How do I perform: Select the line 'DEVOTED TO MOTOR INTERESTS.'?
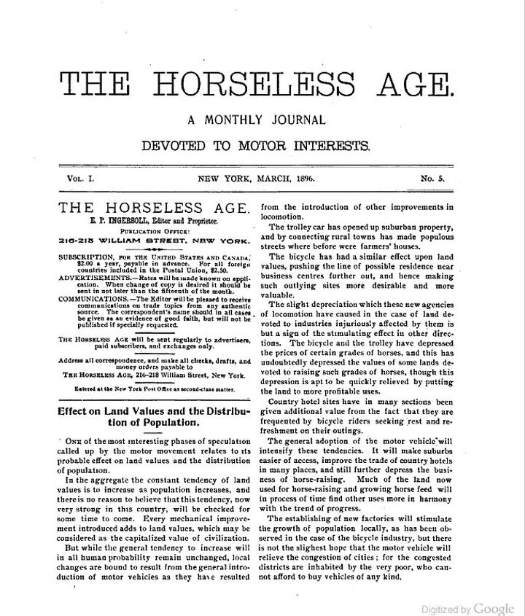click(x=256, y=145)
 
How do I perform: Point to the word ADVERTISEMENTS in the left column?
click(x=94, y=278)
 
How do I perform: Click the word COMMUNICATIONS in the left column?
click(x=94, y=298)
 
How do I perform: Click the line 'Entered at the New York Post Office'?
click(x=154, y=390)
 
